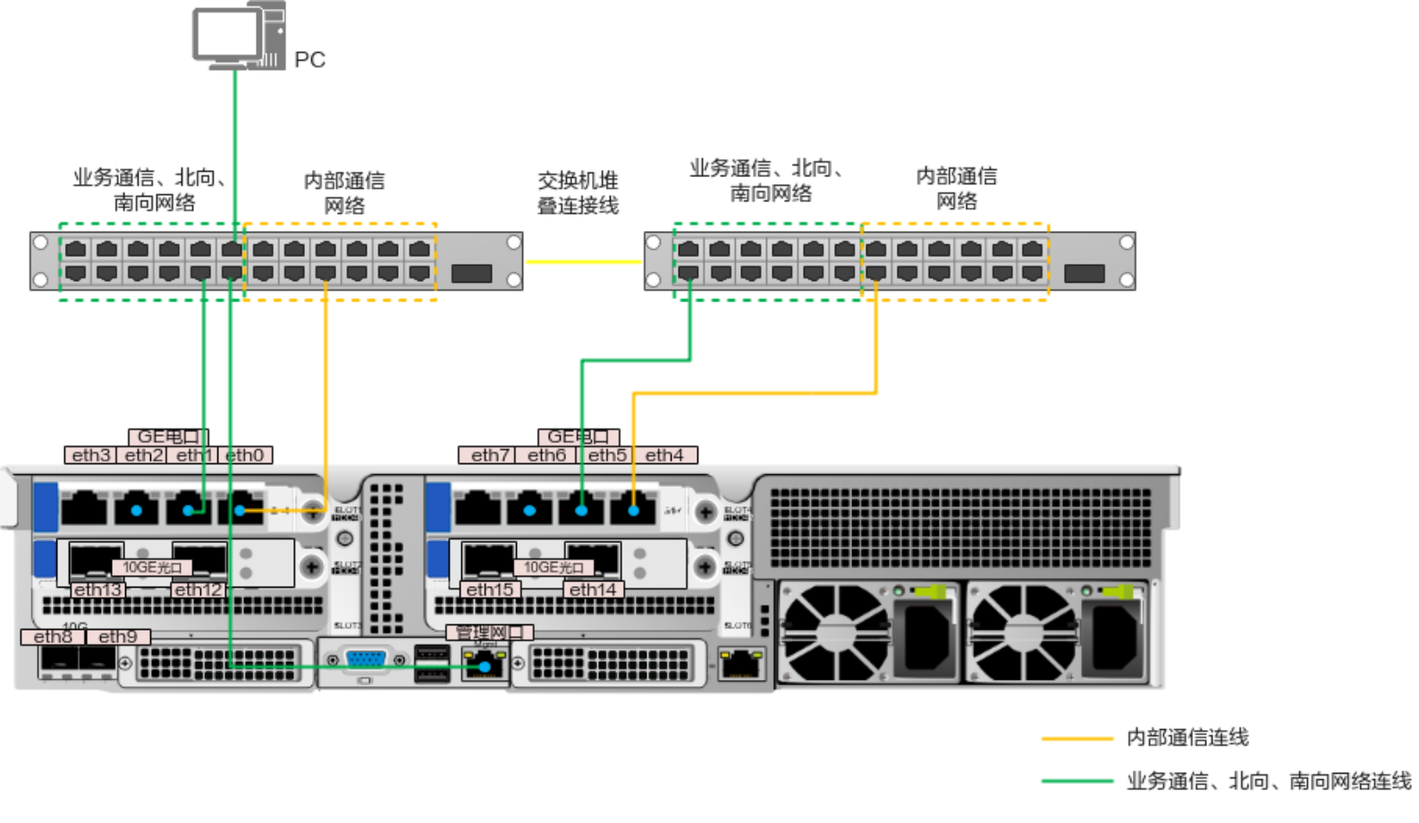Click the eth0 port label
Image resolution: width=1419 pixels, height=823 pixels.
click(x=245, y=455)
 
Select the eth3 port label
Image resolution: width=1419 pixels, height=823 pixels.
click(x=91, y=455)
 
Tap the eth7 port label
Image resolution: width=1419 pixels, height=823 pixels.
click(x=490, y=455)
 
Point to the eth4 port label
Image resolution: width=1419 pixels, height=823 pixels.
click(x=664, y=455)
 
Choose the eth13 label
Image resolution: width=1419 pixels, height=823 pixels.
click(x=97, y=590)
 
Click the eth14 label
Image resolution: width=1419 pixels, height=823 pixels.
click(x=593, y=590)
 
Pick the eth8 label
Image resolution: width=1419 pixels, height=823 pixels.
click(x=53, y=637)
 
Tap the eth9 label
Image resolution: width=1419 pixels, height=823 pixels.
click(x=118, y=637)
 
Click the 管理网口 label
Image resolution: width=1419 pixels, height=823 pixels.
click(x=489, y=632)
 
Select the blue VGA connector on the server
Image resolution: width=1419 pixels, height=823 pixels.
click(x=366, y=660)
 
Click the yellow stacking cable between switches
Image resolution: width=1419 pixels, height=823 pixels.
click(x=583, y=262)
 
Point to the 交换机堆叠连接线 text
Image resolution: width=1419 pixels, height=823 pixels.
click(x=578, y=192)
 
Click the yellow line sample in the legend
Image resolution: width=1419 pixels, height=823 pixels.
click(x=1077, y=739)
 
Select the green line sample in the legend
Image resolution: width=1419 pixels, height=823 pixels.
click(x=1077, y=781)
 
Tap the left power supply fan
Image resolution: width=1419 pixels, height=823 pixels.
click(x=835, y=632)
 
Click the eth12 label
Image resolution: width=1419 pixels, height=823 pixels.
click(x=198, y=590)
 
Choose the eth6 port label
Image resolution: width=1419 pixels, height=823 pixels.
click(x=546, y=455)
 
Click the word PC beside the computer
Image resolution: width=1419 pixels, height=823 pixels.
click(x=309, y=60)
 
